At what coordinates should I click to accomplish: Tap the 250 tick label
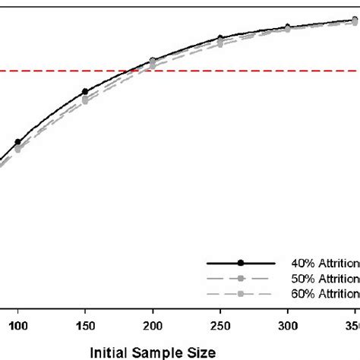pos(219,324)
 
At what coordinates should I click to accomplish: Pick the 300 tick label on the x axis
pos(287,324)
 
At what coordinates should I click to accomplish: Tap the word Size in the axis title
pos(200,352)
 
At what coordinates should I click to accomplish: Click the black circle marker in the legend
pos(241,264)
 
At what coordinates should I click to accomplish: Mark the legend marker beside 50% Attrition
pos(241,278)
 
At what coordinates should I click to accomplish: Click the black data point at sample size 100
pos(17,142)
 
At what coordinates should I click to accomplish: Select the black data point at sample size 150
pos(85,92)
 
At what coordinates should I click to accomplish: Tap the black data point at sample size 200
pos(153,60)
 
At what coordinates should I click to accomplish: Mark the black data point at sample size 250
pos(220,38)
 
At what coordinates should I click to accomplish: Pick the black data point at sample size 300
pos(287,27)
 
